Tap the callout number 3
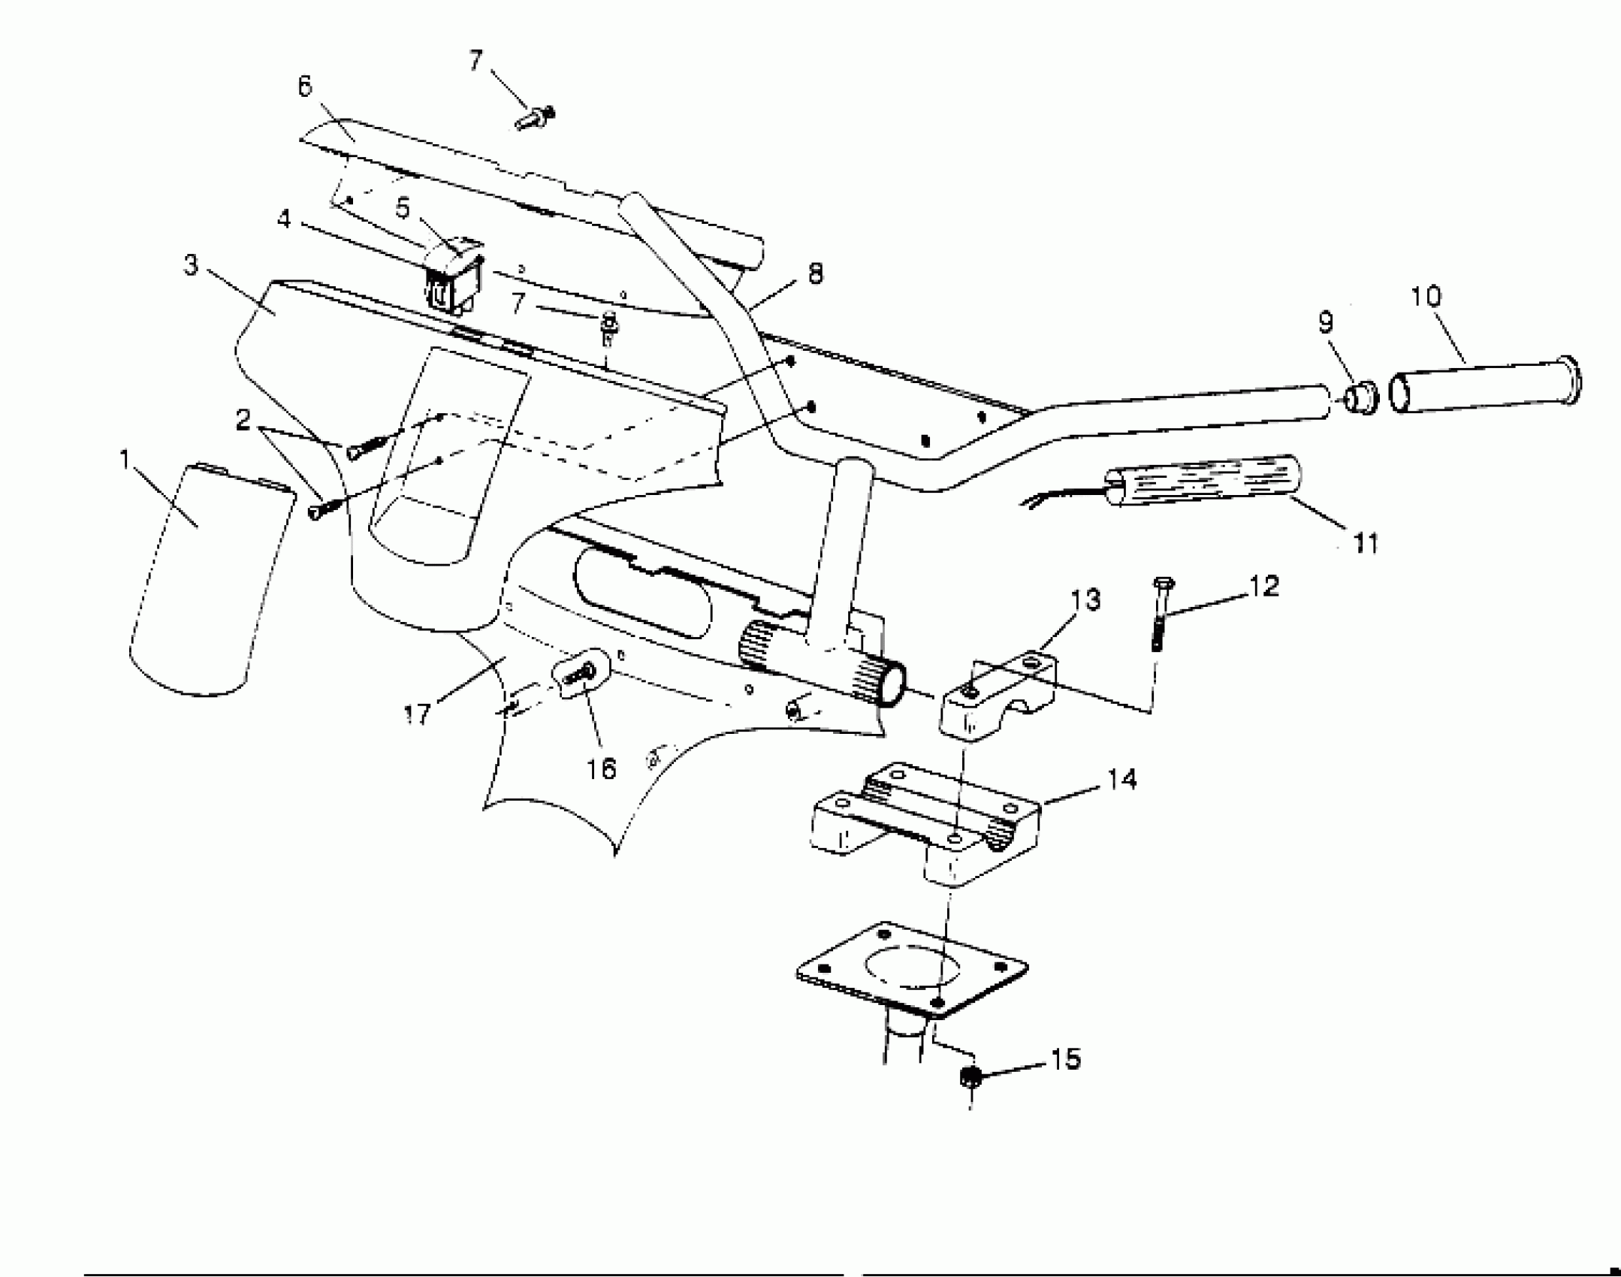(x=192, y=265)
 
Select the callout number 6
(x=304, y=87)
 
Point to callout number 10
(x=1426, y=297)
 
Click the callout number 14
(x=1122, y=779)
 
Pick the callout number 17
(x=417, y=713)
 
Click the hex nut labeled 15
(x=970, y=1076)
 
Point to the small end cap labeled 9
(x=1360, y=398)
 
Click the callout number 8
(x=815, y=273)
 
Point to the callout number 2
(x=243, y=420)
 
